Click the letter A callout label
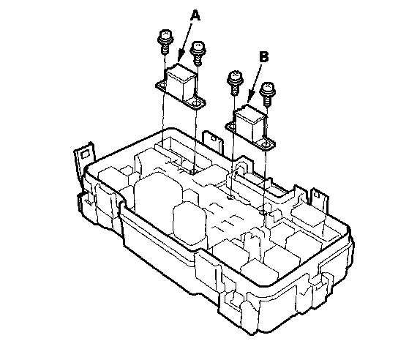click(x=195, y=15)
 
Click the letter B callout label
click(x=264, y=56)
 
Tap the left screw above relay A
click(x=165, y=41)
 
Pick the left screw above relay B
click(x=236, y=83)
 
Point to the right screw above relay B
click(x=268, y=94)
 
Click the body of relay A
click(x=181, y=82)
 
